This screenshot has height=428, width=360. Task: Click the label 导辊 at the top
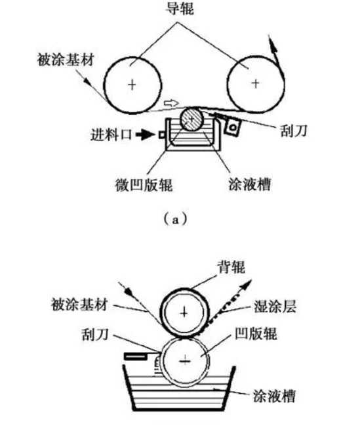tap(180, 9)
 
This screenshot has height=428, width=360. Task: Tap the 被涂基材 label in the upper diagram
tap(66, 60)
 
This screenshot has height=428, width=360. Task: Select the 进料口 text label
tap(111, 135)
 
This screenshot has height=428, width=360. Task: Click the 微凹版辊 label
tap(144, 185)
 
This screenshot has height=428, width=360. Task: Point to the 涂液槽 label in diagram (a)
tap(250, 184)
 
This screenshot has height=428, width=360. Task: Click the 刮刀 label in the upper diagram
tap(294, 131)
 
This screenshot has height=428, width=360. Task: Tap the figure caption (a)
tap(175, 219)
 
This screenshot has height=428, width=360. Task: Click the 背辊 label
tap(231, 267)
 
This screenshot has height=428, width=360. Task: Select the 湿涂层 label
tap(275, 307)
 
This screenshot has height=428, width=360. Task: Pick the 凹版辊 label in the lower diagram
tap(256, 333)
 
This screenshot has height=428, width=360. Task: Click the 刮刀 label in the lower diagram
tap(96, 334)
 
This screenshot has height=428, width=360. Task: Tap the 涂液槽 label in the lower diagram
tap(274, 396)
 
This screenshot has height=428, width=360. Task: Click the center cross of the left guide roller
tap(132, 85)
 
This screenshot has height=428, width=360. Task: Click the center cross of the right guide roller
tap(256, 83)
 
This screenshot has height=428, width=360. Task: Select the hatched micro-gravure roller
tap(191, 119)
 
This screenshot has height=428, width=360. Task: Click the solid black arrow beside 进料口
tap(144, 135)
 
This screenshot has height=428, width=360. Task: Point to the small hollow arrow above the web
tap(171, 103)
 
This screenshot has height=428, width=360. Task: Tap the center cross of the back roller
tap(184, 312)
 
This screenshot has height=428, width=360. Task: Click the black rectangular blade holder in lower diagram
tap(136, 356)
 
